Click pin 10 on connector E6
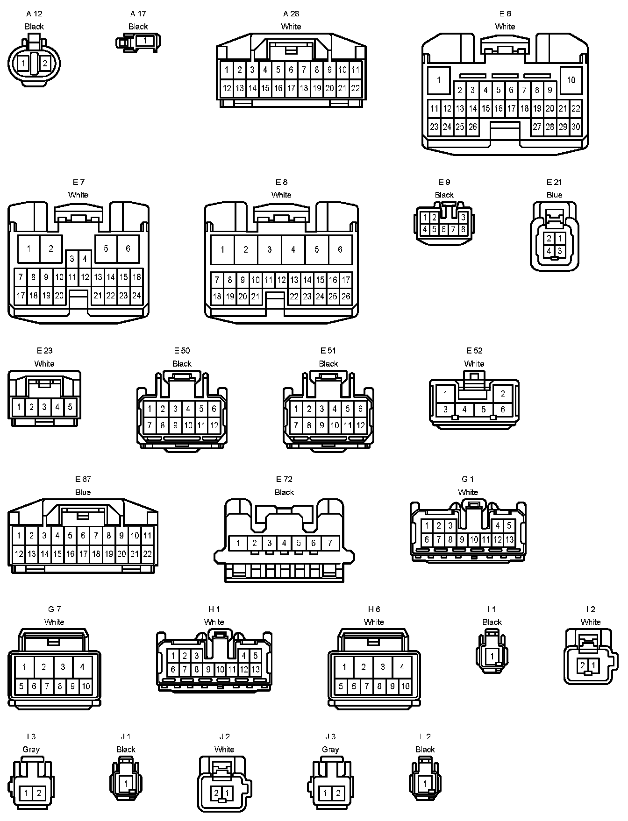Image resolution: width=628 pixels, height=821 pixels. [571, 80]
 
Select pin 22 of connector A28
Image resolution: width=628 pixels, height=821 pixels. [355, 88]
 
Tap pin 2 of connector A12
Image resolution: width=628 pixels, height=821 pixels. [45, 63]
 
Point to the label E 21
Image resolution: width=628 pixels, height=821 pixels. [554, 182]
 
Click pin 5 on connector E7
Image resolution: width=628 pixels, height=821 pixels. [106, 248]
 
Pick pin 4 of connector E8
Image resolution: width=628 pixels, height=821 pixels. [293, 249]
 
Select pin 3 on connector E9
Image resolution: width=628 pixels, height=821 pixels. [463, 217]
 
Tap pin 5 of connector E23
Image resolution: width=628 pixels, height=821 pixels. [70, 407]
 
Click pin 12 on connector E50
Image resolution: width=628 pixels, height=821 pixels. [214, 425]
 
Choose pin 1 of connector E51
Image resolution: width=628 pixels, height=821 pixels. [296, 409]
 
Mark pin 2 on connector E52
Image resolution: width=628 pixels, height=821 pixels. [503, 393]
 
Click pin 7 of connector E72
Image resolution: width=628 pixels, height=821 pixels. [330, 543]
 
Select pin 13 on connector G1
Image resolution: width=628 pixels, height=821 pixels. [509, 540]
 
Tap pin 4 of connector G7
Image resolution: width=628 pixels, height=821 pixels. [82, 667]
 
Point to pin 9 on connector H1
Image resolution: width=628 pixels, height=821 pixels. [208, 669]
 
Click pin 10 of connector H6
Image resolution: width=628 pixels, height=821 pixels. [405, 686]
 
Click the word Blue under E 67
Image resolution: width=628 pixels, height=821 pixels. [83, 492]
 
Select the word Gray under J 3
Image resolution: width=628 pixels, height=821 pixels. [330, 750]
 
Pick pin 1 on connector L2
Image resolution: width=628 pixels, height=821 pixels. [425, 783]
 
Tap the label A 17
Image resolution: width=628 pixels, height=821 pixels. [138, 14]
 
